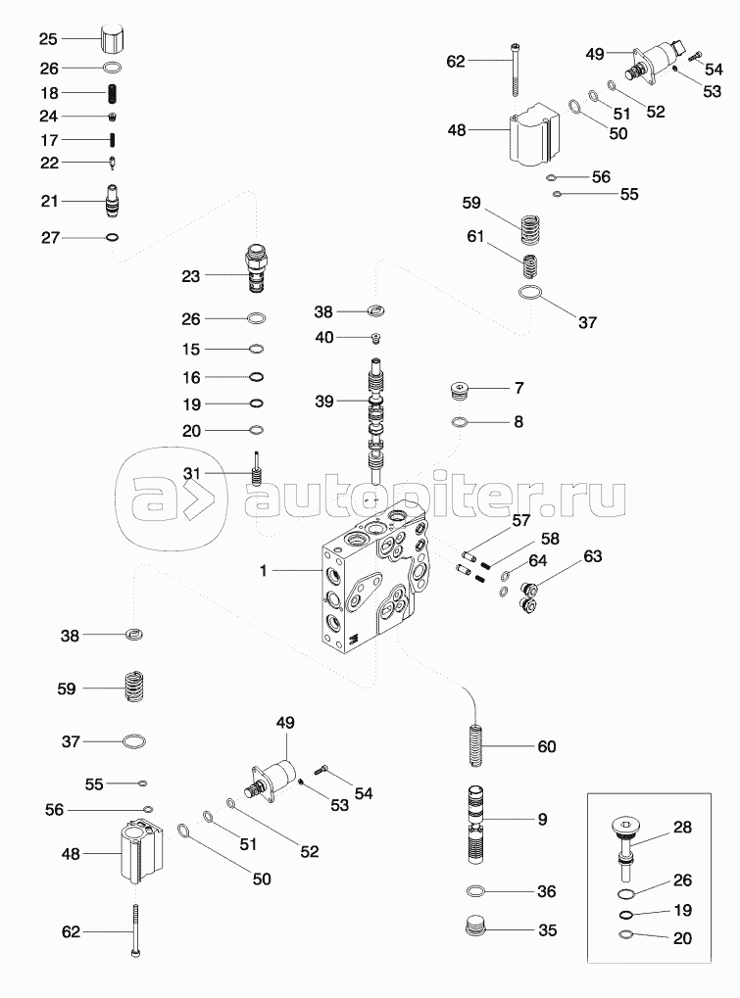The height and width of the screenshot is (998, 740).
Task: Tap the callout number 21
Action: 50,201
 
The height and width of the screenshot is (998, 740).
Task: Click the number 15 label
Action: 191,350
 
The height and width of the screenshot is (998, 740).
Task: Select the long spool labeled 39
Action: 378,421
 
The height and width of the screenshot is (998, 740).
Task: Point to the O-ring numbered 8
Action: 460,422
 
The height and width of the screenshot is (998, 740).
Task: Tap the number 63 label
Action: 592,557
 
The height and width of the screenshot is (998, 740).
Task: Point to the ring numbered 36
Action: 477,891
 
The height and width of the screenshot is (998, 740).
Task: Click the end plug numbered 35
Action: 476,928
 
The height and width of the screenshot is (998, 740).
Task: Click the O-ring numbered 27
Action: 114,237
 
